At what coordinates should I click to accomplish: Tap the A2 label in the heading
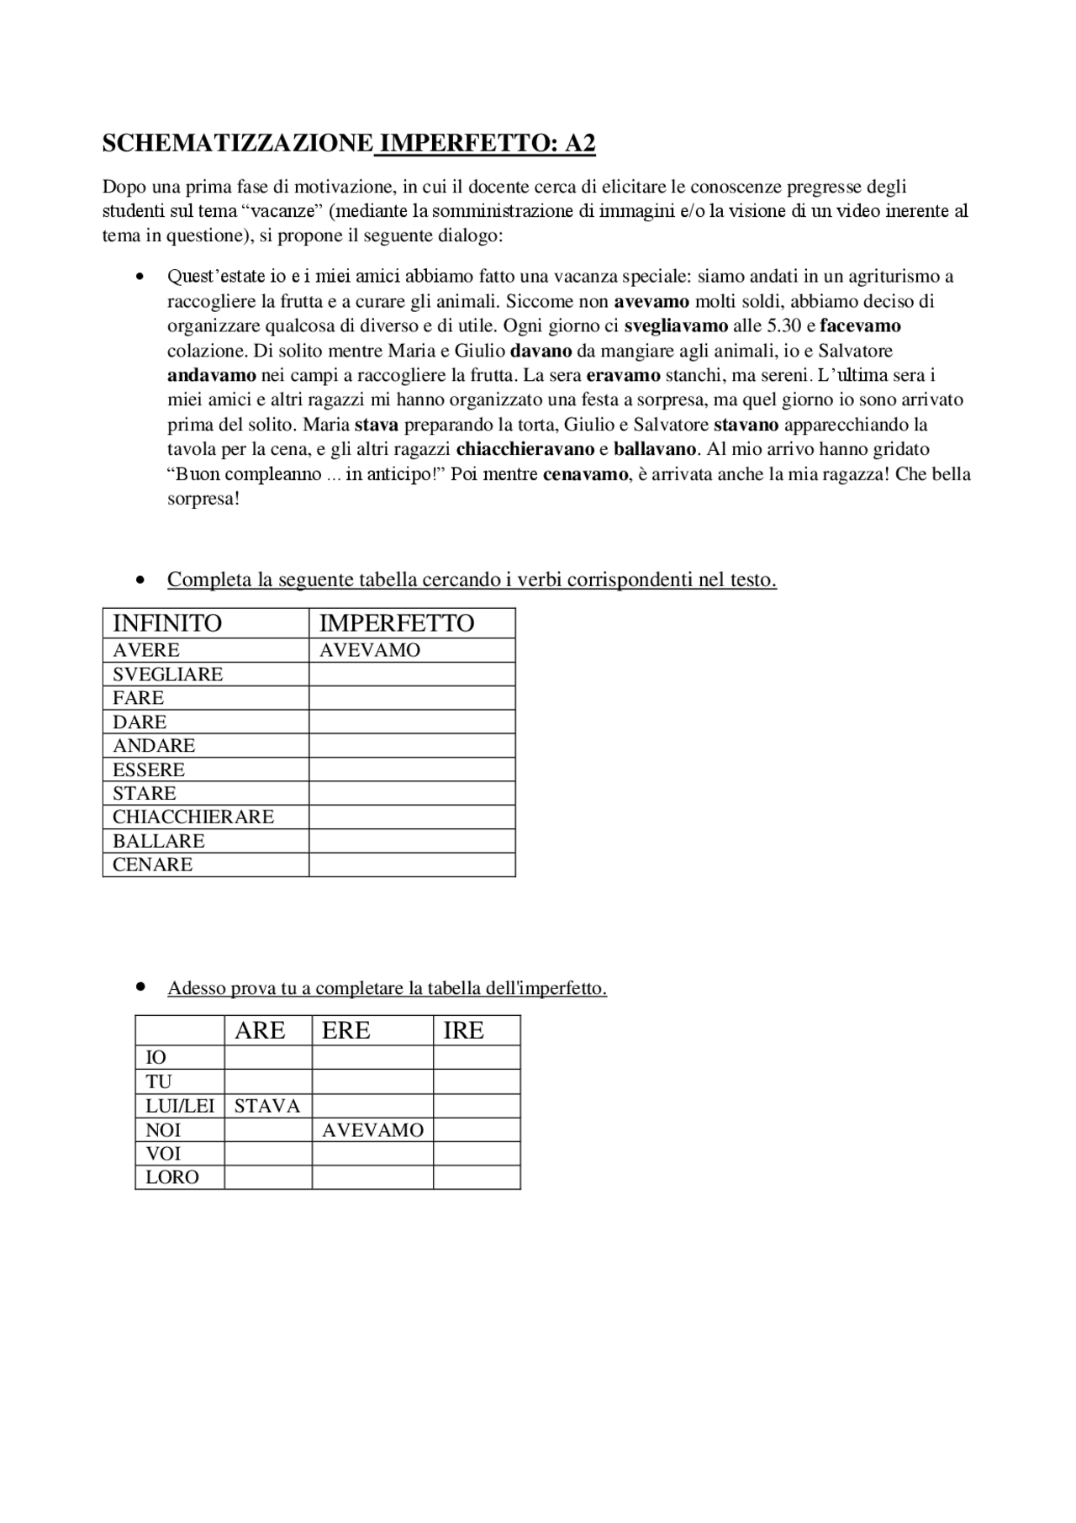579,144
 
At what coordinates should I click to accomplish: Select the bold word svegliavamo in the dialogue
676,325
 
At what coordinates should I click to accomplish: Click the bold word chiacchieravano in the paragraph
525,449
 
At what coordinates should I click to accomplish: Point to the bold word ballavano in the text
655,449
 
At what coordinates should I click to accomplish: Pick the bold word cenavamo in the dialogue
585,474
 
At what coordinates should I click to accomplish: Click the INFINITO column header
167,623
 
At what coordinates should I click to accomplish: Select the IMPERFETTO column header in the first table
397,623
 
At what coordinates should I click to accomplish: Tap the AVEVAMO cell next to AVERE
370,650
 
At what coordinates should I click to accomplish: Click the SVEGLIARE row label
168,674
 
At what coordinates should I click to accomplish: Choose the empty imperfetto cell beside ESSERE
412,769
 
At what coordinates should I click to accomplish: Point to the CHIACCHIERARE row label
193,817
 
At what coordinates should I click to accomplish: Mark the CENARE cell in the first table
153,865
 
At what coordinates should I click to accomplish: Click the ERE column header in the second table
346,1031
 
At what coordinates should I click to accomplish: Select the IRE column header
464,1031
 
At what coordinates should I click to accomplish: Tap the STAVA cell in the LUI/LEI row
267,1106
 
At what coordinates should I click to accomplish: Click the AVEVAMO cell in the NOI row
372,1130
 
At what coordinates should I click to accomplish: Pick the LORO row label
172,1177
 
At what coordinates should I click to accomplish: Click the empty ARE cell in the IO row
268,1058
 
